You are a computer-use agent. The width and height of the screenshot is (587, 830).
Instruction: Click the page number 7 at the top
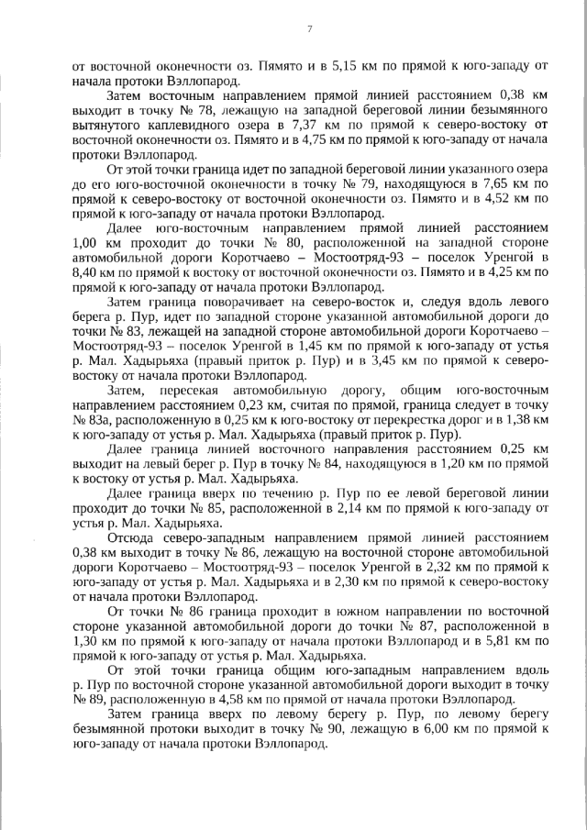[x=310, y=29]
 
